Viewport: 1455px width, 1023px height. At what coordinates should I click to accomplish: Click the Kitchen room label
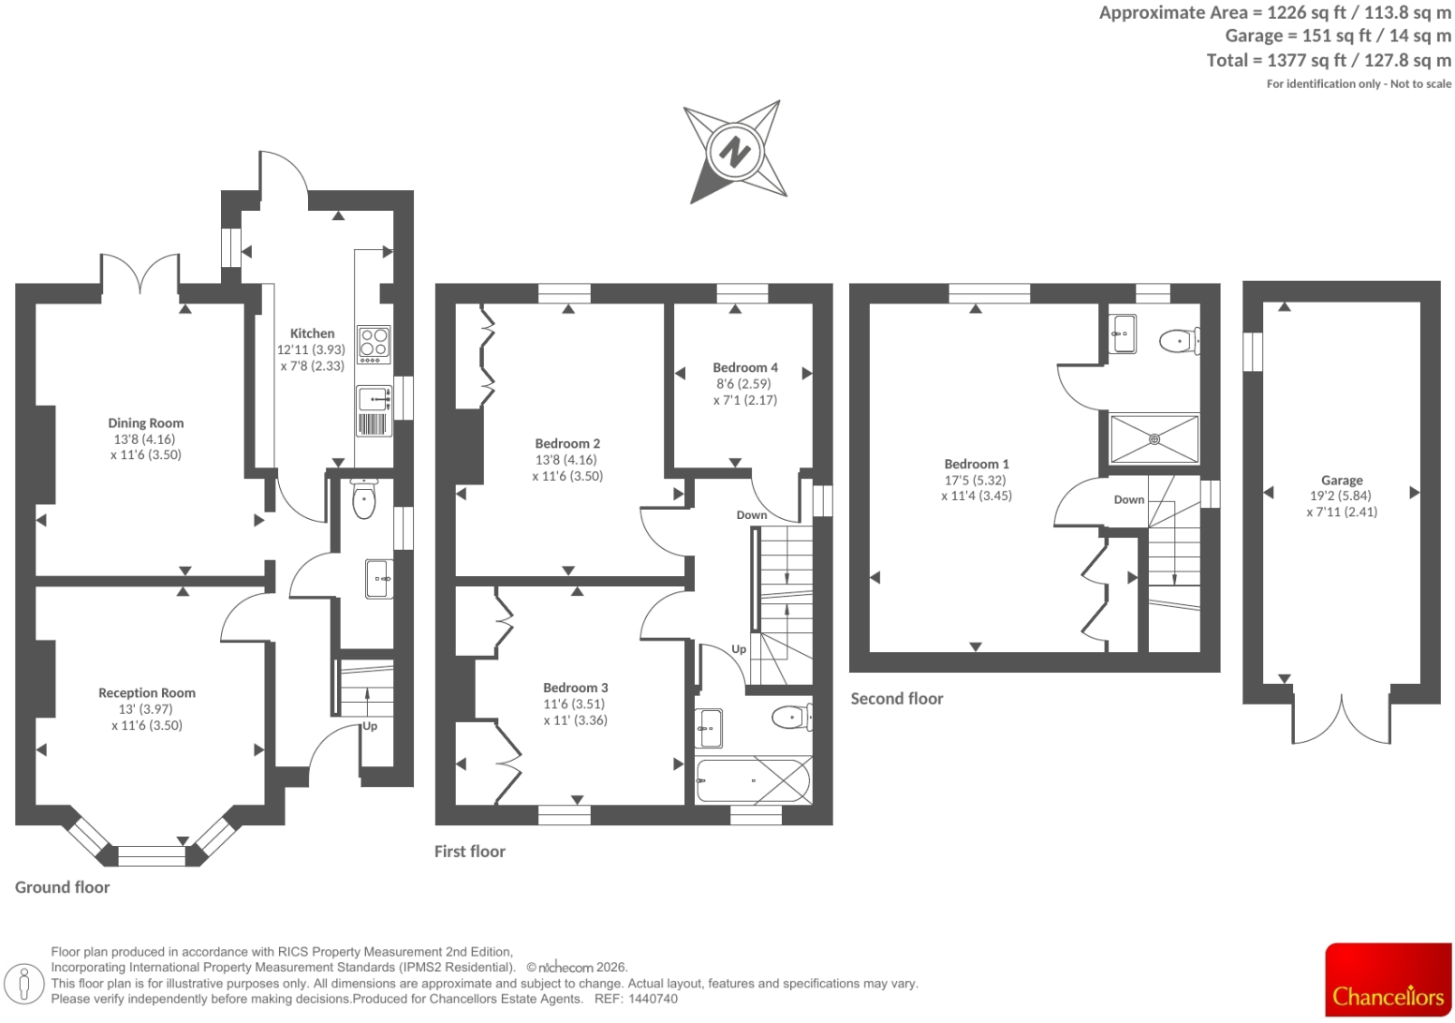[312, 334]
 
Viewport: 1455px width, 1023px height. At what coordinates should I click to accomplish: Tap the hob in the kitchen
[374, 345]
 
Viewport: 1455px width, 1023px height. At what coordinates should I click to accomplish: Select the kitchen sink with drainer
[374, 410]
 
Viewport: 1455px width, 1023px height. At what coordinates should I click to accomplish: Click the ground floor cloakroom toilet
[363, 497]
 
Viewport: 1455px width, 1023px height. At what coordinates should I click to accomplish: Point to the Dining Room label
[145, 423]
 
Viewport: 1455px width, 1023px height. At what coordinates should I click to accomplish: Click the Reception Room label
[147, 693]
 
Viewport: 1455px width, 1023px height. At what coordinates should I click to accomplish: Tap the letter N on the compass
[735, 152]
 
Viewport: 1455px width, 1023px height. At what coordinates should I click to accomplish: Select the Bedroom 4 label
[745, 367]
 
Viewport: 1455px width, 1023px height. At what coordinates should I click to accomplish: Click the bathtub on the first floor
[754, 780]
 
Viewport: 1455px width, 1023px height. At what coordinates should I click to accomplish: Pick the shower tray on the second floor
[1154, 439]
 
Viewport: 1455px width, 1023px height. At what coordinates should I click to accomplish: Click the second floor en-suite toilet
[1180, 341]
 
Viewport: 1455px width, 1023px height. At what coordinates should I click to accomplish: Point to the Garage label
[1342, 481]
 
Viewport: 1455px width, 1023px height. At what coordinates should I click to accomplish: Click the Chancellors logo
[1389, 980]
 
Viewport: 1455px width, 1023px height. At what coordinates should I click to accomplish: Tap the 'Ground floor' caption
[63, 887]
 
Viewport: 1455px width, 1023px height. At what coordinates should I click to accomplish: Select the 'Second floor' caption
[897, 699]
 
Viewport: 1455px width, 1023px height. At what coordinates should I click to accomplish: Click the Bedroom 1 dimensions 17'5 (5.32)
[976, 481]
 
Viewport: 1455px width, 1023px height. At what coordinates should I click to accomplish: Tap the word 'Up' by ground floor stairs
[370, 726]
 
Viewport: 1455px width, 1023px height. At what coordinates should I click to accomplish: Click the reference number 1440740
[653, 999]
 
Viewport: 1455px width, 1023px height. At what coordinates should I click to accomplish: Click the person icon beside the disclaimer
[24, 984]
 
